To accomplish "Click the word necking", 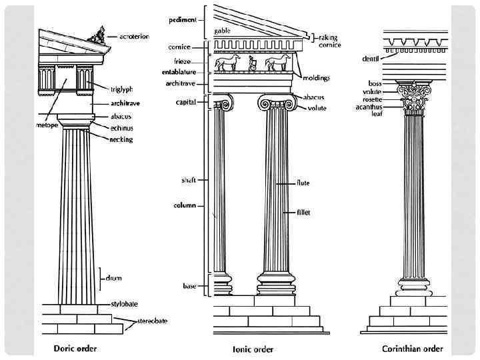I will (x=122, y=139).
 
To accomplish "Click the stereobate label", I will (x=152, y=321).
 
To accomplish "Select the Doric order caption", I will (x=75, y=348).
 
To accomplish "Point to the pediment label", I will (x=182, y=20).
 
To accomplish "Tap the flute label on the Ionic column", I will (x=303, y=183).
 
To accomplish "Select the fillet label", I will (x=303, y=213).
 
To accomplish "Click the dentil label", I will (x=371, y=59).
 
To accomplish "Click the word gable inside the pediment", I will (x=222, y=31).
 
